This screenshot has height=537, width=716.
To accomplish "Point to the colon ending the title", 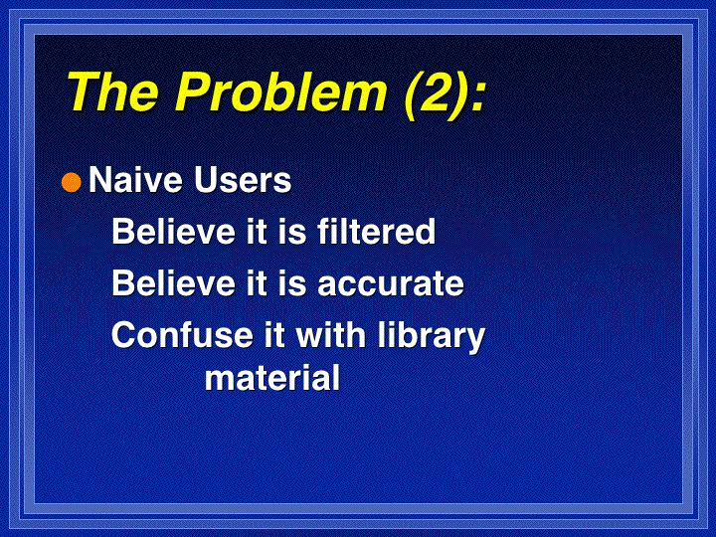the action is [477, 98].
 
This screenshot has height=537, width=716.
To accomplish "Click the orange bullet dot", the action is [72, 182].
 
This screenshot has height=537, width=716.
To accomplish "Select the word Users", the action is [243, 179].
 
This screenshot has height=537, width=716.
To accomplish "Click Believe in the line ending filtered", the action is [173, 231].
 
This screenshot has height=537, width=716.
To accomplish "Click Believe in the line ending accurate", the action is [173, 283].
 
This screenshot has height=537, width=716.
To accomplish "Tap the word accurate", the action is [391, 284].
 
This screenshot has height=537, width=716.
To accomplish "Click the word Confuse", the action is [182, 335].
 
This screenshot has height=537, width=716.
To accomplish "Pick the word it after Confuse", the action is [274, 335].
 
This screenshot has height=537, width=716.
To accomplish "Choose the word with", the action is [331, 335].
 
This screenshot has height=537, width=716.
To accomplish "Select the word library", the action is [431, 337].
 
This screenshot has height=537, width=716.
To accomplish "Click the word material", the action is [272, 378].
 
